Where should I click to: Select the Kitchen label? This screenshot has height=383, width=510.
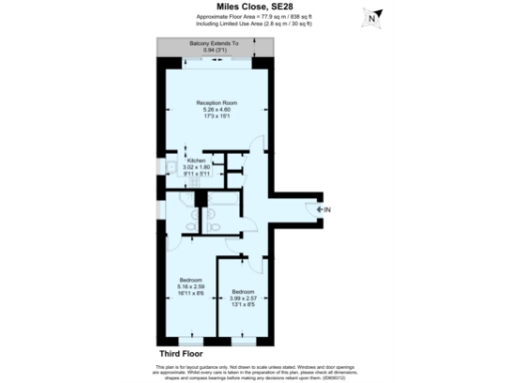coord(195,160)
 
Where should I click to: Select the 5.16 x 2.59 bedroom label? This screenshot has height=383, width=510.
coord(191,286)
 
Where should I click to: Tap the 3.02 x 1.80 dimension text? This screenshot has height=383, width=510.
coord(195,167)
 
